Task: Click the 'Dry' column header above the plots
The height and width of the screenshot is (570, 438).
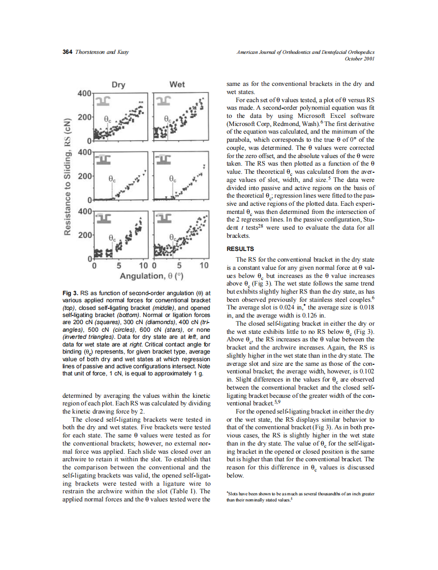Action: (x=118, y=85)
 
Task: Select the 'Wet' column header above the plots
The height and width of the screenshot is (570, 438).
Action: (x=177, y=85)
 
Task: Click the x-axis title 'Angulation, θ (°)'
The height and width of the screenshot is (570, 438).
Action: (x=151, y=276)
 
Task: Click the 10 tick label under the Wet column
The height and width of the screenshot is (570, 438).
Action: (x=204, y=266)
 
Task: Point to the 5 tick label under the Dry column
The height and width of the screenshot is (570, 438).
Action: (x=118, y=266)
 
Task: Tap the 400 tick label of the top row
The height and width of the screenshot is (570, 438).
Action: (x=84, y=94)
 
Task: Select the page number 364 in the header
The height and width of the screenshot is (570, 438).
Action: (x=67, y=52)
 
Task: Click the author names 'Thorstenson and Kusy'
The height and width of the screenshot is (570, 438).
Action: (x=97, y=52)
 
